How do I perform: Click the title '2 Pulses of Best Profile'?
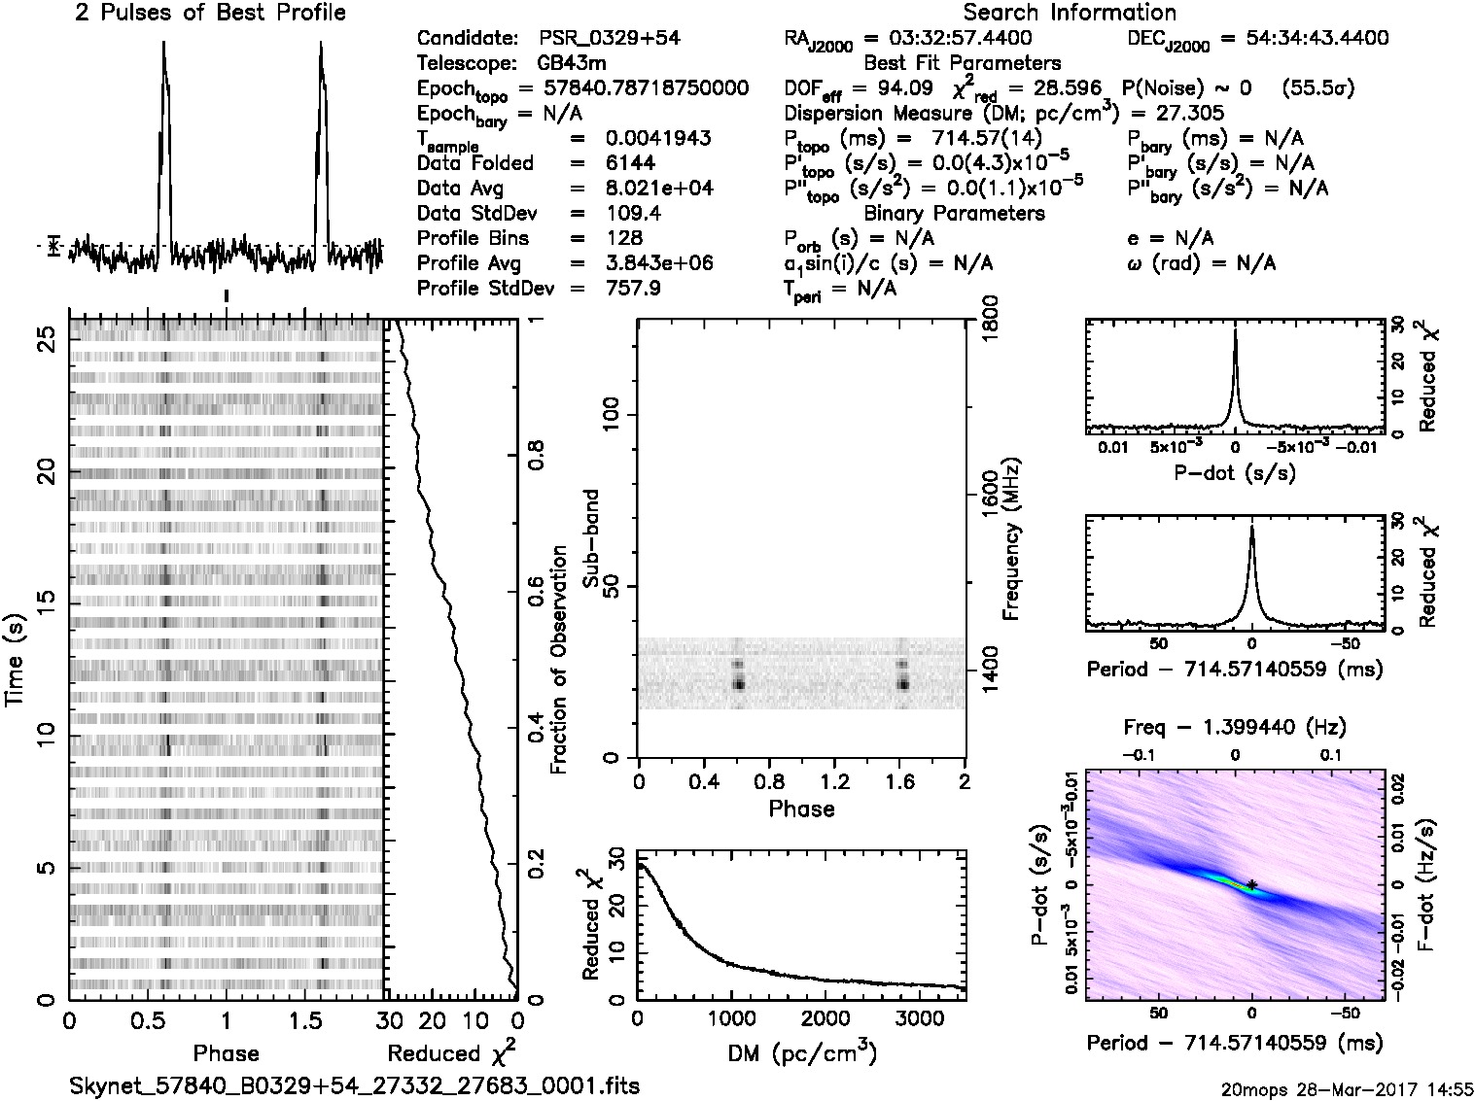[x=210, y=13]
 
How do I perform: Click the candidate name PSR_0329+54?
[x=609, y=39]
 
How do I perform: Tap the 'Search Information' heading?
[x=1070, y=13]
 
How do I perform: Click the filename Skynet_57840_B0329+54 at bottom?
[x=355, y=1085]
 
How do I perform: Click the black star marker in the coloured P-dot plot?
[x=1252, y=883]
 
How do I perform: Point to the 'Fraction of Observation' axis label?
[x=558, y=660]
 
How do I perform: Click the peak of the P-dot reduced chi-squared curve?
[x=1235, y=330]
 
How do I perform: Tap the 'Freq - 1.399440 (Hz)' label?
[x=1235, y=727]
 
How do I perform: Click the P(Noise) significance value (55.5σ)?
[x=1318, y=88]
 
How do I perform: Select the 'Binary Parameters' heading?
[x=955, y=213]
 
